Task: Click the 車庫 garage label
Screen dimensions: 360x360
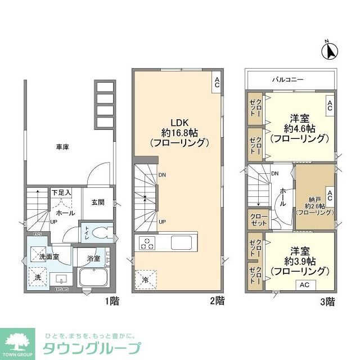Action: click(x=62, y=147)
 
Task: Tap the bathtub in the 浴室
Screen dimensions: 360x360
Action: click(x=95, y=278)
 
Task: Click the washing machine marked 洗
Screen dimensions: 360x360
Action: click(x=38, y=277)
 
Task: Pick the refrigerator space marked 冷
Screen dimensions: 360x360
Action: click(x=145, y=278)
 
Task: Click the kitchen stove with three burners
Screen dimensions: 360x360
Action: click(x=147, y=244)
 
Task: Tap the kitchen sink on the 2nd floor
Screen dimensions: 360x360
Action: click(x=182, y=244)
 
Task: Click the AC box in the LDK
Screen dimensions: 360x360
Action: click(x=216, y=82)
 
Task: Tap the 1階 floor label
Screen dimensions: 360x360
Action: click(x=112, y=301)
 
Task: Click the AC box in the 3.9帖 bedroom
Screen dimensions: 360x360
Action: click(x=304, y=285)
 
